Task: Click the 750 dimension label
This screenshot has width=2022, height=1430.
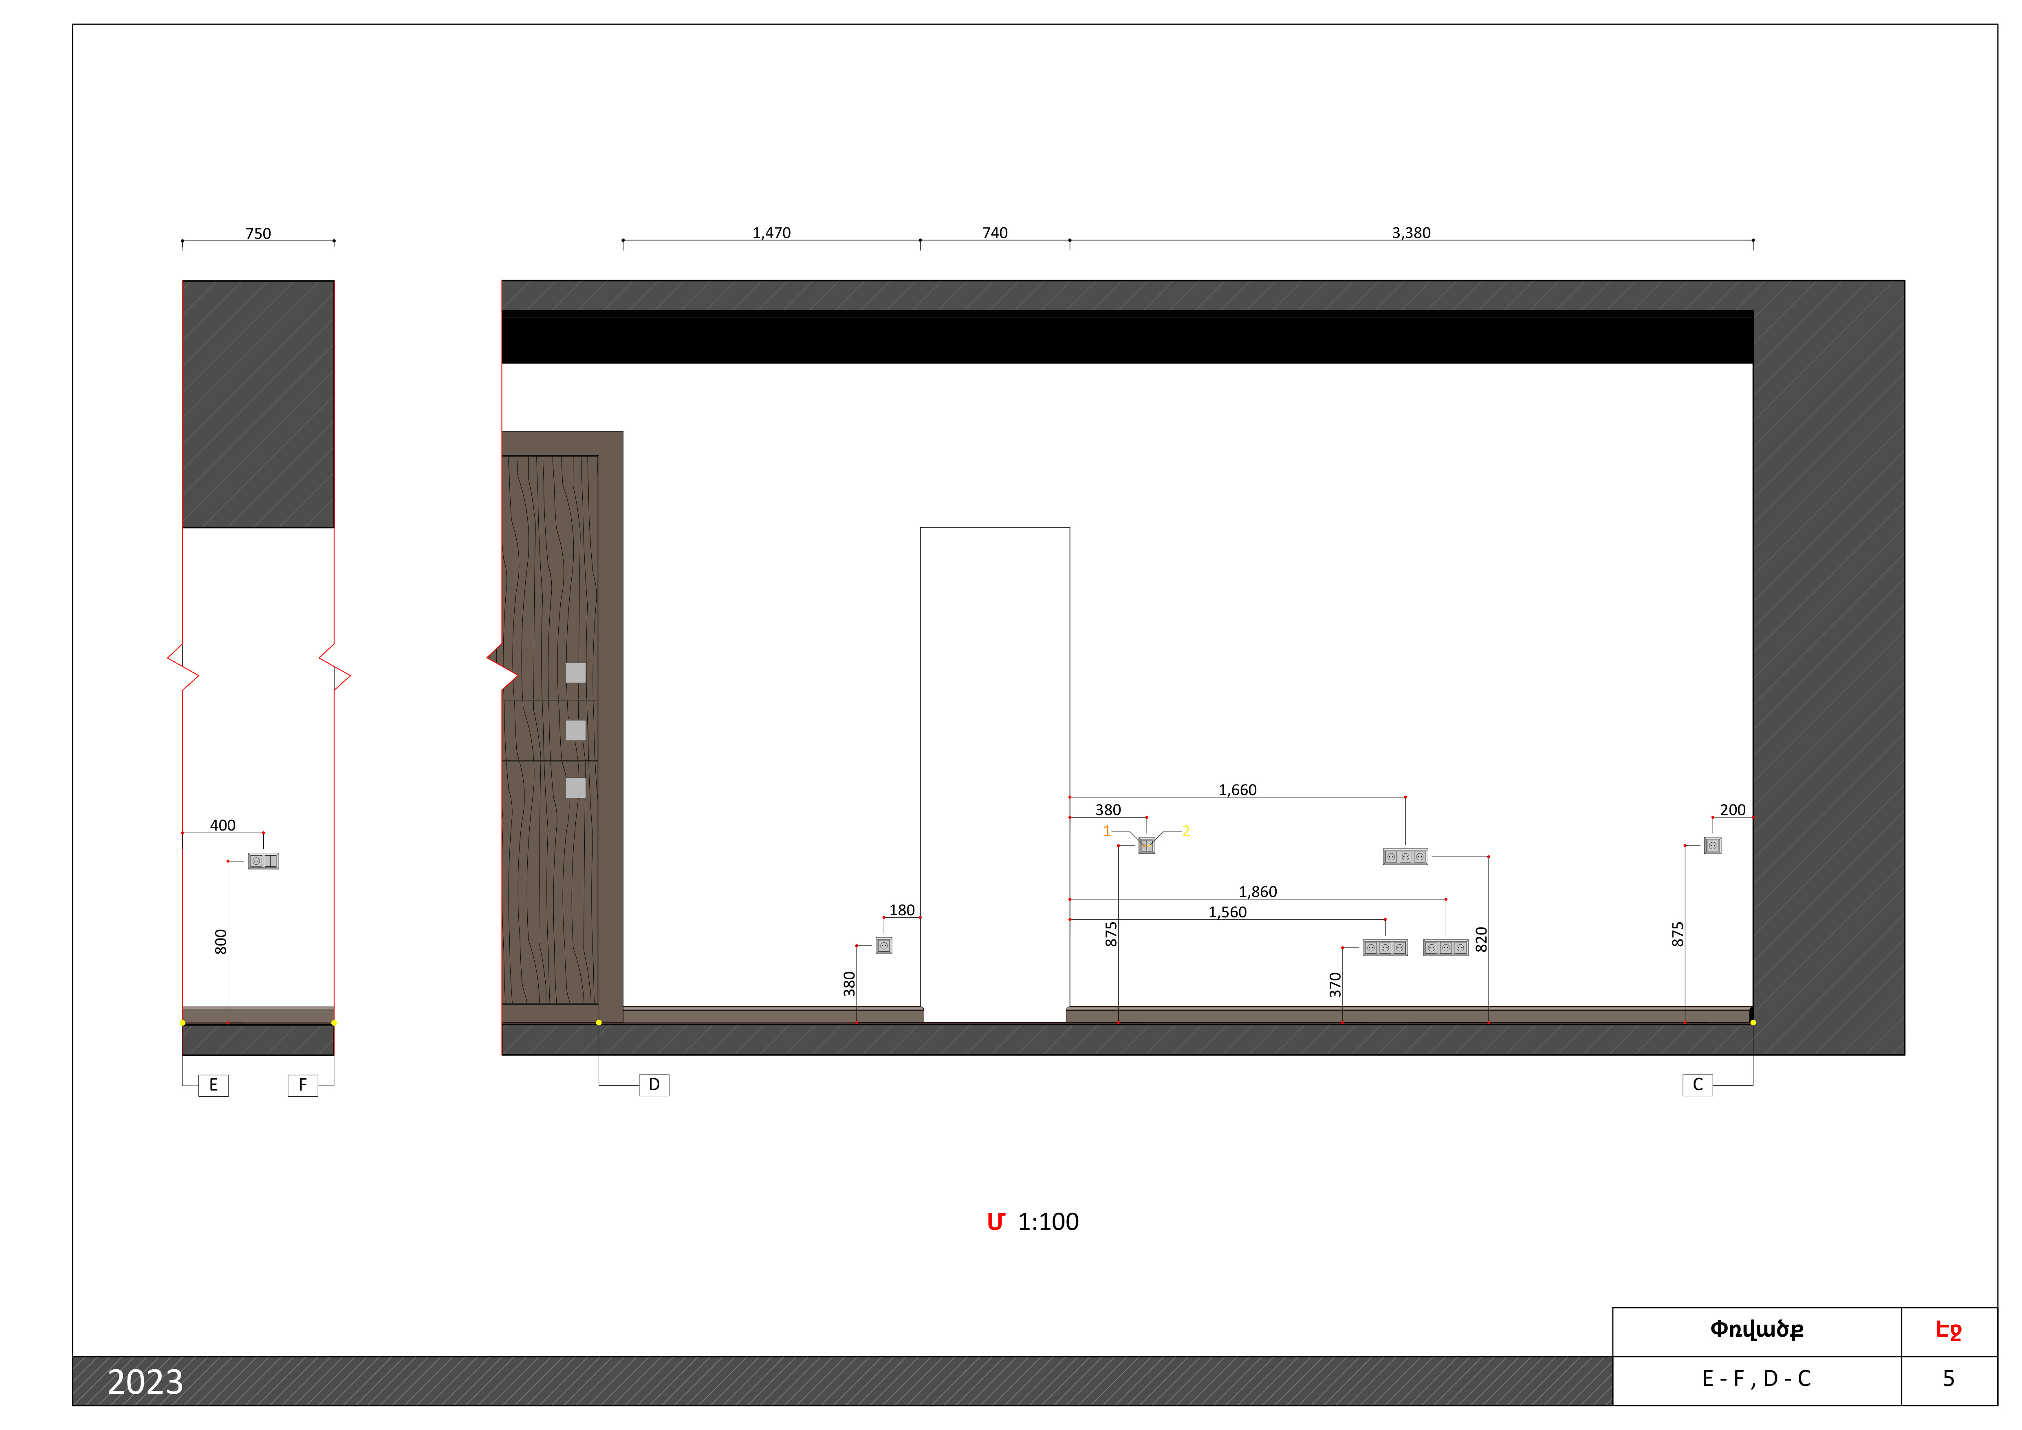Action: [x=258, y=234]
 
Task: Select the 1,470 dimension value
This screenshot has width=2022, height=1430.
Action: [x=771, y=232]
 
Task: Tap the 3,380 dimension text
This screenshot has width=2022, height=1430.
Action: [x=1411, y=232]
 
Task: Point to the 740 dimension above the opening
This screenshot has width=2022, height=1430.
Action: [x=995, y=232]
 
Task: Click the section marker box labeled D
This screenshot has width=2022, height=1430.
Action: [x=654, y=1085]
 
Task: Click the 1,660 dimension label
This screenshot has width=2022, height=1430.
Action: [x=1237, y=790]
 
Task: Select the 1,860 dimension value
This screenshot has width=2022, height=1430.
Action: [x=1258, y=892]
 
